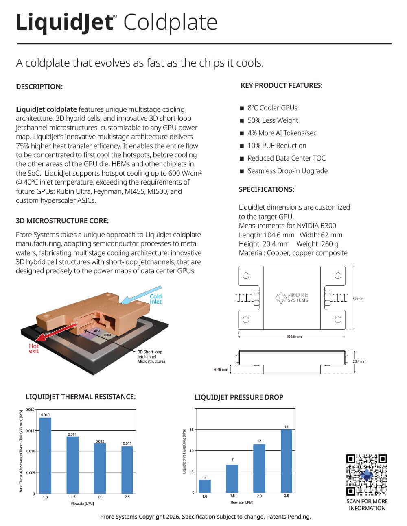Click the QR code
tap(366, 475)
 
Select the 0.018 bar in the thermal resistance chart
tap(45, 455)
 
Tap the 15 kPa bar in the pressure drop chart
tap(287, 461)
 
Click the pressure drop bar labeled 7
tap(232, 478)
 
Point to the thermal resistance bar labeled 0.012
tap(100, 468)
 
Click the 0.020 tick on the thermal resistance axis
tap(30, 409)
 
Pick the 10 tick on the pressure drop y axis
tap(192, 451)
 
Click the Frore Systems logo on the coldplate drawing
tap(292, 298)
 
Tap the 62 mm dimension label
tap(358, 299)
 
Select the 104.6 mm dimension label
tap(294, 337)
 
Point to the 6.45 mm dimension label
tap(221, 370)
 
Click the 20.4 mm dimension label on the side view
tap(359, 361)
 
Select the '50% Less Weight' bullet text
tap(273, 120)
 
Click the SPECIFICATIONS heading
tap(266, 189)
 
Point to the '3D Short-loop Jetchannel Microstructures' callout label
tap(151, 356)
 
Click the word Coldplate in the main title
tap(170, 22)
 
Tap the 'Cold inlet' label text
tap(155, 299)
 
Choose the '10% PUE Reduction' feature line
tap(277, 146)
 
